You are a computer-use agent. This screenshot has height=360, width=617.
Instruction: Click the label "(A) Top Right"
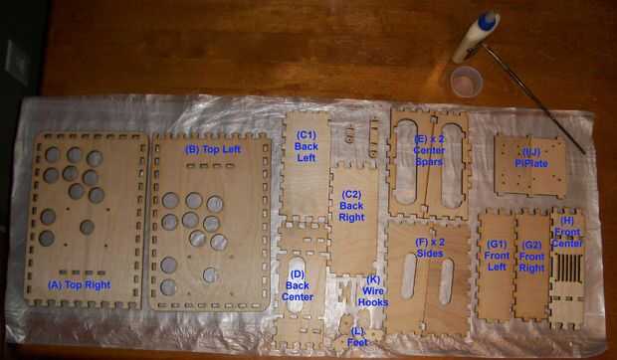pyautogui.click(x=79, y=285)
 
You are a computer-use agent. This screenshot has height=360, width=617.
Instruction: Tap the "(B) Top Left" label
pyautogui.click(x=213, y=149)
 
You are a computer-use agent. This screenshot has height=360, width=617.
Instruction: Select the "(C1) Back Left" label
pyautogui.click(x=307, y=146)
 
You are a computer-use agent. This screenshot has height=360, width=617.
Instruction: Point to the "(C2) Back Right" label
pyautogui.click(x=351, y=206)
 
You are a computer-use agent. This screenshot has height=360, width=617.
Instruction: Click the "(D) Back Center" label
pyautogui.click(x=298, y=285)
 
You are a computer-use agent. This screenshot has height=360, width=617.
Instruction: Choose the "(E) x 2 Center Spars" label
pyautogui.click(x=429, y=150)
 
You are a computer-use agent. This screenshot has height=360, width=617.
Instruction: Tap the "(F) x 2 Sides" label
pyautogui.click(x=430, y=248)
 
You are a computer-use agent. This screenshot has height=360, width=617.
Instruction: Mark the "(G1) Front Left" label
pyautogui.click(x=497, y=256)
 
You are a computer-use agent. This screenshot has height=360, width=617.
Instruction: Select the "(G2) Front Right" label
pyautogui.click(x=531, y=257)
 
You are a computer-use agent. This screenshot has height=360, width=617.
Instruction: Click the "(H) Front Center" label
pyautogui.click(x=567, y=238)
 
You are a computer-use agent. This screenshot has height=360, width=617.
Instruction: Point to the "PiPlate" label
pyautogui.click(x=531, y=163)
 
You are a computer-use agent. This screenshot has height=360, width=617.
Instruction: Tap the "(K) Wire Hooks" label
pyautogui.click(x=373, y=290)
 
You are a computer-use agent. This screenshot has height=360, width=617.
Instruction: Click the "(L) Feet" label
pyautogui.click(x=357, y=337)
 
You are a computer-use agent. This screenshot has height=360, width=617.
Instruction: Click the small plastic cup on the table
pyautogui.click(x=467, y=82)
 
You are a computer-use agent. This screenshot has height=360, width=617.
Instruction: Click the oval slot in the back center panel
pyautogui.click(x=296, y=284)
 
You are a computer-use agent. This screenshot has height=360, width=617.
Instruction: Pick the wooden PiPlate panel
pyautogui.click(x=529, y=167)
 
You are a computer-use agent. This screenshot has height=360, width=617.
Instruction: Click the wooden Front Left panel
pyautogui.click(x=496, y=265)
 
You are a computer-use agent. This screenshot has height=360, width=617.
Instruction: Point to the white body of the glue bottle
pyautogui.click(x=471, y=41)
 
